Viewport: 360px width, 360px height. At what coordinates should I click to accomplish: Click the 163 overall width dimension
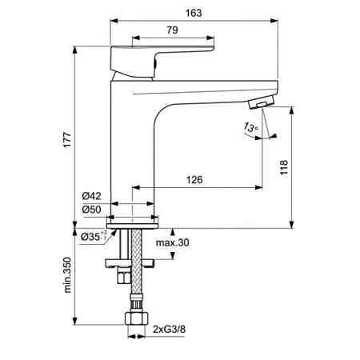point(194,13)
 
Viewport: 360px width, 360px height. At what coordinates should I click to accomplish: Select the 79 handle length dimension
point(172,30)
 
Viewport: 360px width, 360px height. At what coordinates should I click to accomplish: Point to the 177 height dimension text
point(67,139)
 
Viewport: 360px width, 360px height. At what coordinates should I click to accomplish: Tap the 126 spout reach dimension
point(194,180)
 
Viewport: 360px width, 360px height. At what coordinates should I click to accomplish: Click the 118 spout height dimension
point(284,167)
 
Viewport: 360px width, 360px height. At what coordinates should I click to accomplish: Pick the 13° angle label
point(250,127)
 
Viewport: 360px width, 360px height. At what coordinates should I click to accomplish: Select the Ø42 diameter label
point(91,196)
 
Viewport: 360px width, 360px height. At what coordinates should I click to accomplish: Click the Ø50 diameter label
point(91,210)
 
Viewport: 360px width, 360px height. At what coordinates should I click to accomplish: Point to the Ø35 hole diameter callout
point(94,236)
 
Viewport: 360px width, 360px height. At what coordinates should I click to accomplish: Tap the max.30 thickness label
point(173,242)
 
